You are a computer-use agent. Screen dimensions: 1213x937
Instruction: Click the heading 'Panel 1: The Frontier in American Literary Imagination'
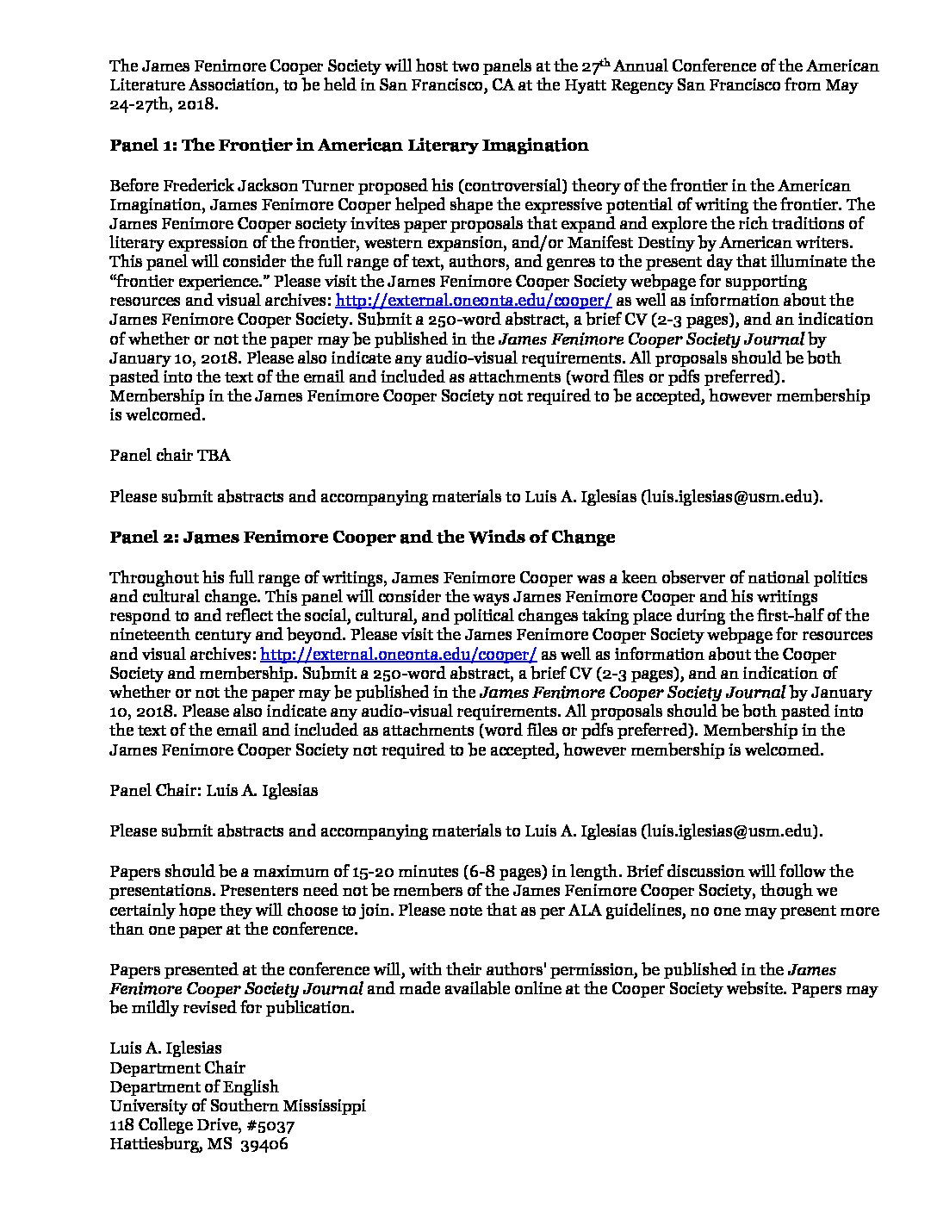pos(349,146)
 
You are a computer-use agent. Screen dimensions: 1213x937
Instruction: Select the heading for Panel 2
pos(362,538)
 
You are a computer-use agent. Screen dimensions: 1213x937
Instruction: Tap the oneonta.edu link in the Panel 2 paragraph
pos(398,654)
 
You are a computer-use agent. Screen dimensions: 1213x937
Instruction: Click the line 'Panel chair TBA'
pos(170,455)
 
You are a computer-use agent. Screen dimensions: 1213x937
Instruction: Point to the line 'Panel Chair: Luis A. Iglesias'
pos(214,790)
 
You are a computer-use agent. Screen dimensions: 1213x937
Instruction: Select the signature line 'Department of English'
pos(194,1087)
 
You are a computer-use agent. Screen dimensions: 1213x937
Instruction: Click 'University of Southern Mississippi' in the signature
pos(237,1106)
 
